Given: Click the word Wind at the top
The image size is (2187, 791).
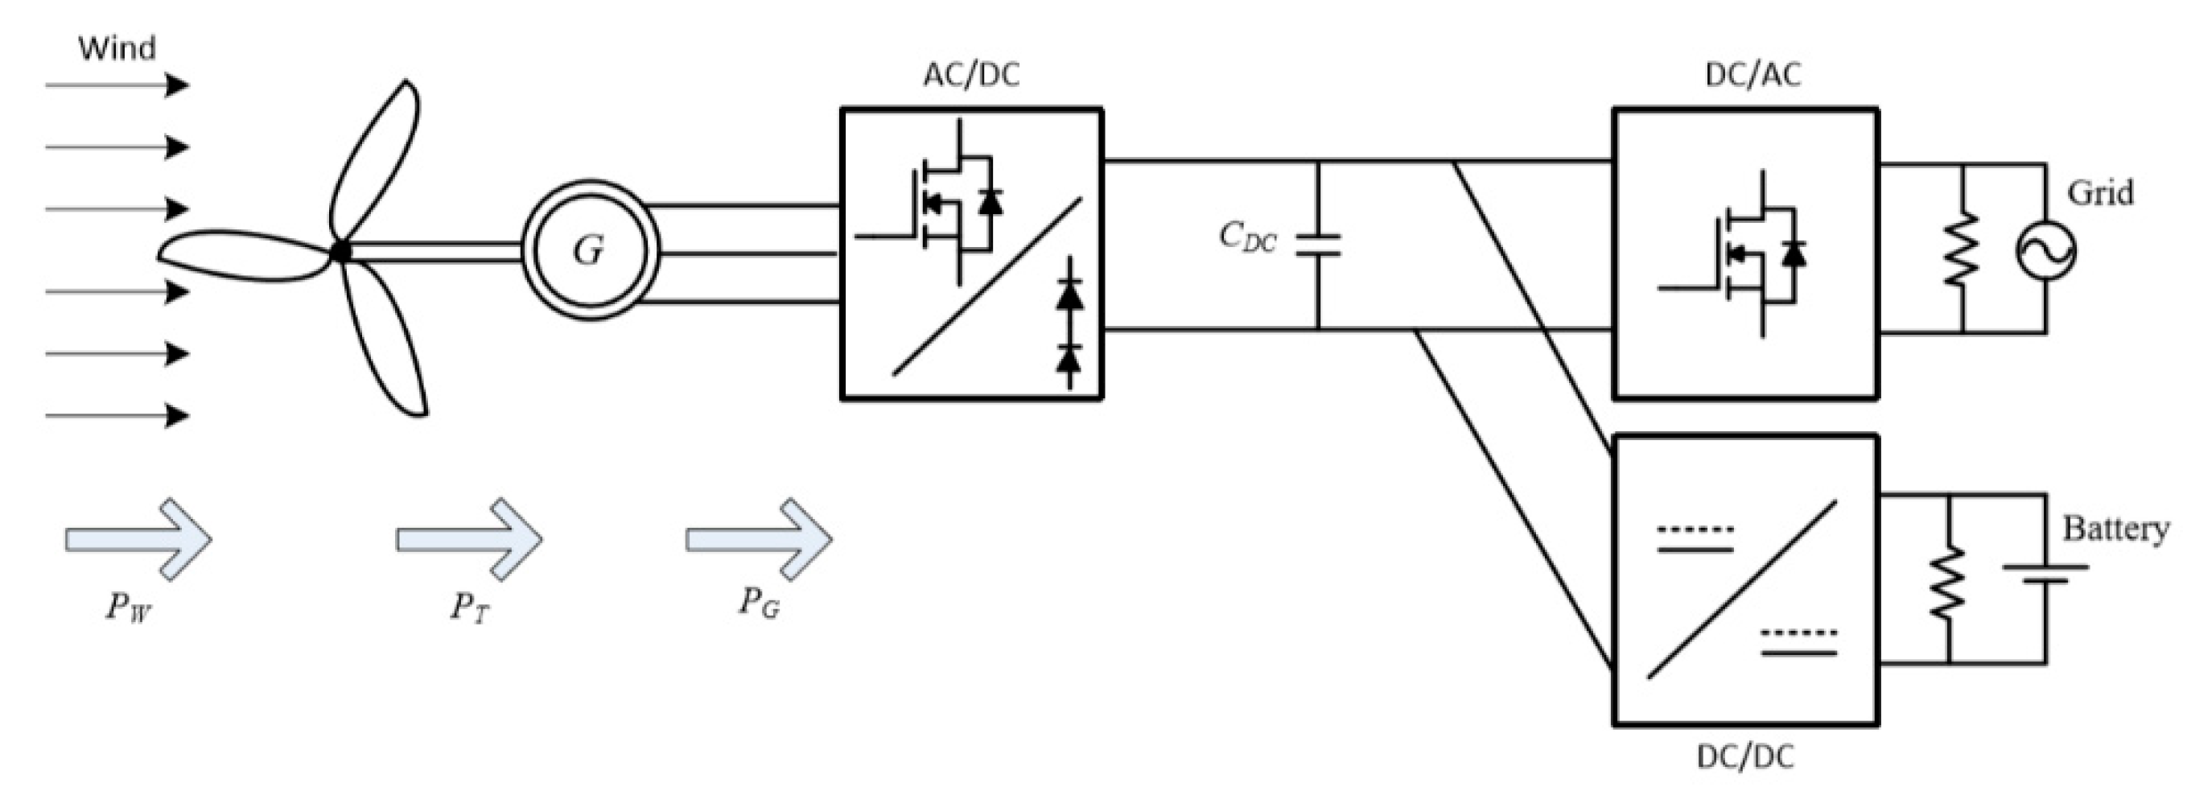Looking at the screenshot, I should point(117,48).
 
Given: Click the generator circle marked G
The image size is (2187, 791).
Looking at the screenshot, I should point(590,250).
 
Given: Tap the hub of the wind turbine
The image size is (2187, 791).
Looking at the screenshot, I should point(340,251).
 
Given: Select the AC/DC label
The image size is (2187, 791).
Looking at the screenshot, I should point(971,76).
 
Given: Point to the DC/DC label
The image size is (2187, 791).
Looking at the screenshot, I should point(1744,756).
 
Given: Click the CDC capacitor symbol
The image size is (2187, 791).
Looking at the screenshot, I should point(1318,245).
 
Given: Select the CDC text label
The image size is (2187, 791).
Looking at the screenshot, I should point(1246,237).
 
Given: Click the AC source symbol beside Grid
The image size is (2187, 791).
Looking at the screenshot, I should point(2046,251).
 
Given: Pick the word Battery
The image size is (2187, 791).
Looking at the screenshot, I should point(2115,529).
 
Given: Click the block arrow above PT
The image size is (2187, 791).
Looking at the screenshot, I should point(469,540).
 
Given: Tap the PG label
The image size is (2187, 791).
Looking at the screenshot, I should point(758,603).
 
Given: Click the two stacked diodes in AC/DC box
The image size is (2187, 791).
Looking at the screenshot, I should point(1069,327).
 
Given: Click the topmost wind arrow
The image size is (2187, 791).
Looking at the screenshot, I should point(117,84).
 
